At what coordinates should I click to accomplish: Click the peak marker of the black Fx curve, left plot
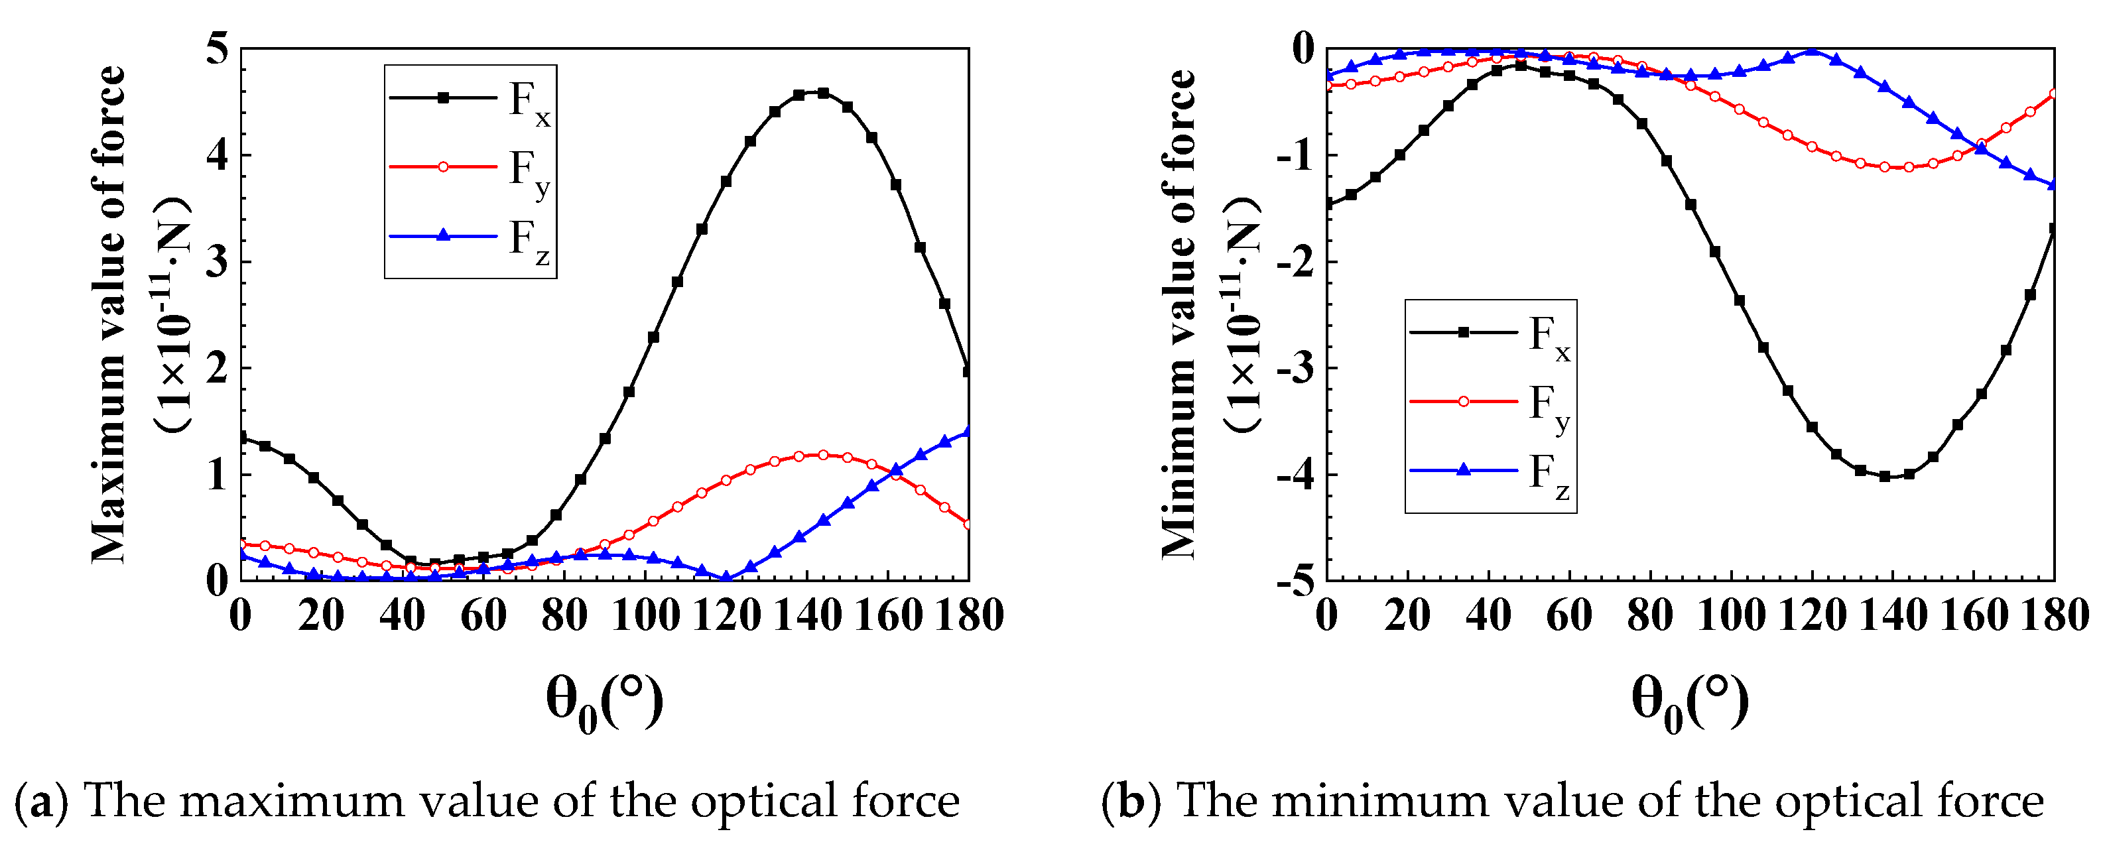coord(822,93)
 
